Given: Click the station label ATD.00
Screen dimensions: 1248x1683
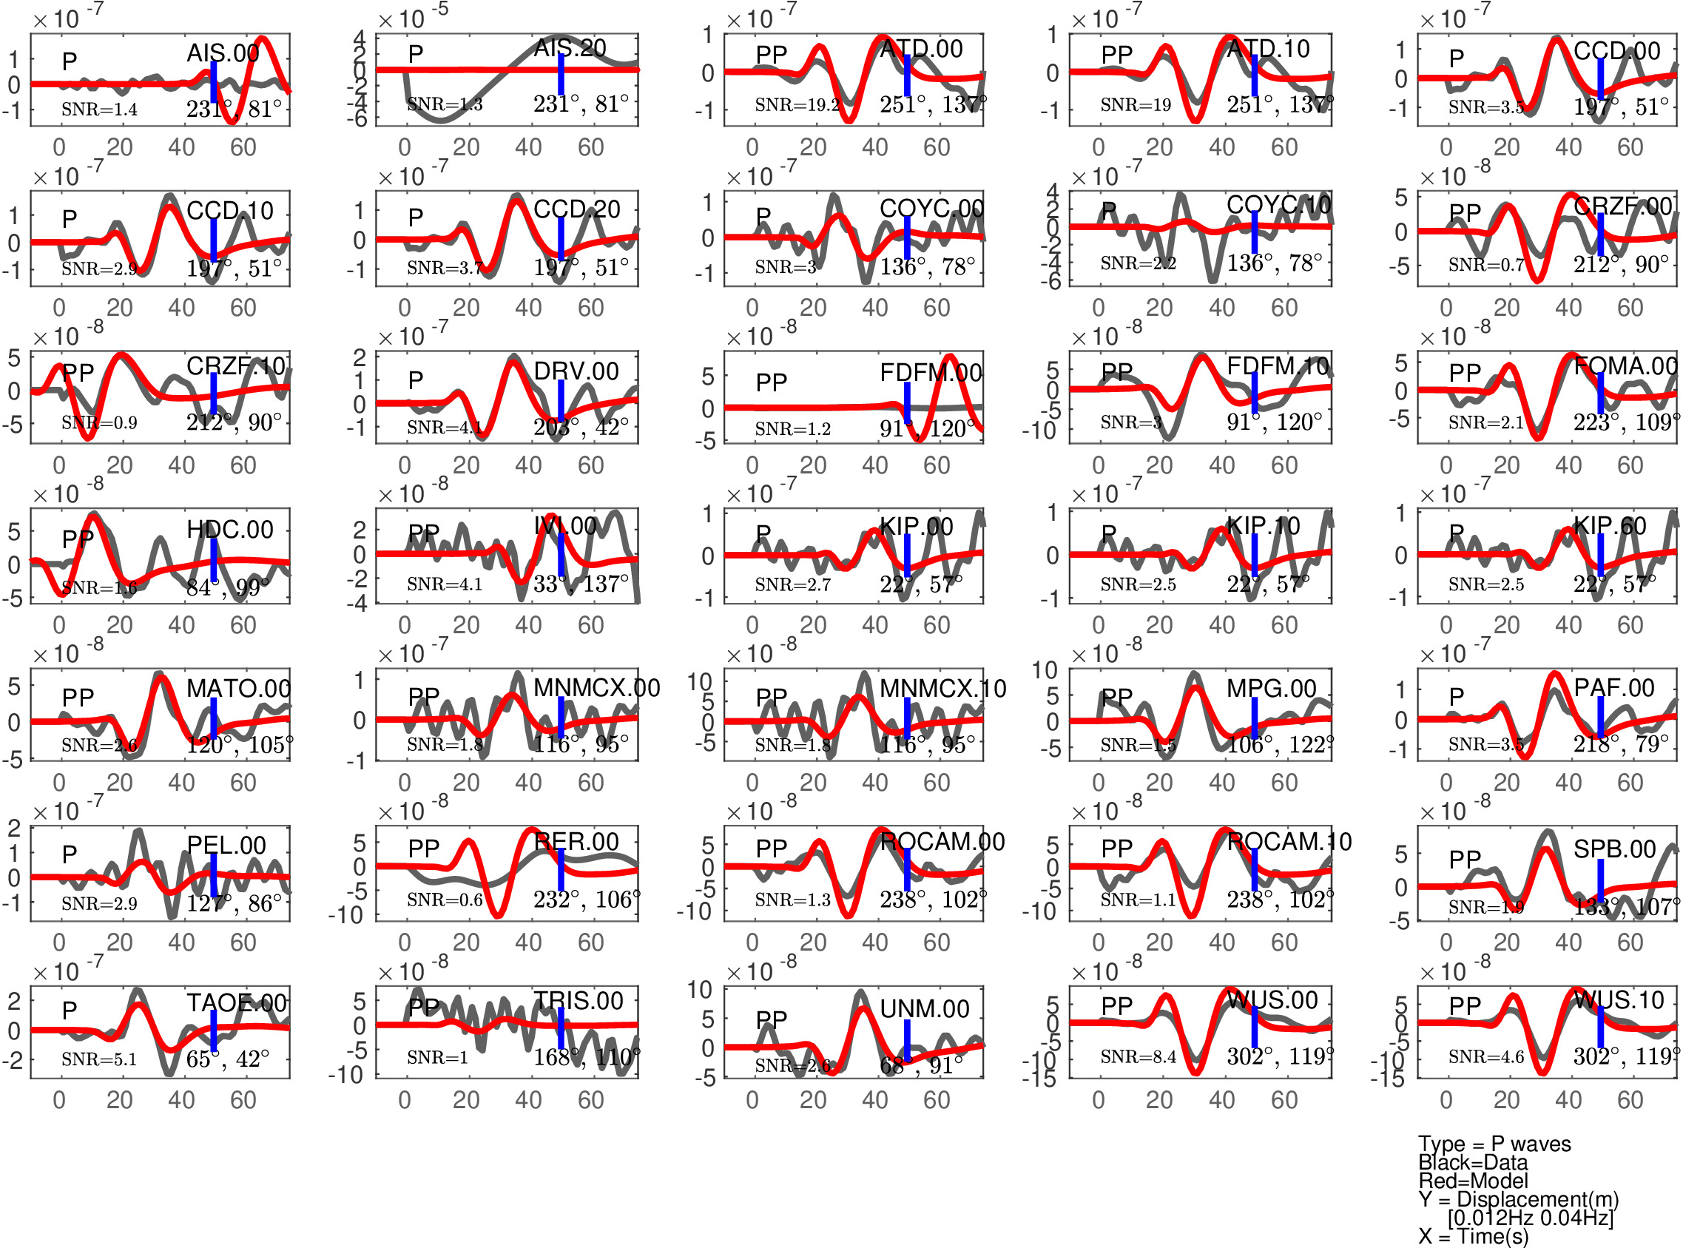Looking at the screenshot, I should [x=921, y=50].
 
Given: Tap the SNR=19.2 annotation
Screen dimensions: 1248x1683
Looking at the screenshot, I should [x=796, y=105].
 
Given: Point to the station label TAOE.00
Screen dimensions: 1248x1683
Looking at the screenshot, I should [x=237, y=1003].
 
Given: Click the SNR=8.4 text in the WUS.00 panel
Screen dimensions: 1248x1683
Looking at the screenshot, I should [x=1138, y=1057].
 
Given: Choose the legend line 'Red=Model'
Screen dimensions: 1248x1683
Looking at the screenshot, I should [x=1472, y=1181].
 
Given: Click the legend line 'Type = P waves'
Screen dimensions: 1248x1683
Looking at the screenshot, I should [x=1494, y=1144].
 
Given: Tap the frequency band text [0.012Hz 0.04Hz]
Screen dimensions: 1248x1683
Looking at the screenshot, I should [x=1530, y=1218].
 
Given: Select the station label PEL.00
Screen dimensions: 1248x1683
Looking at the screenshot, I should [x=226, y=846].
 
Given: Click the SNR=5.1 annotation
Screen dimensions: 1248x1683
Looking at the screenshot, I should [x=99, y=1060].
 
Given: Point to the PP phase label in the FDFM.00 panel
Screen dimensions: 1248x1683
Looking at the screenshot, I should [x=771, y=382].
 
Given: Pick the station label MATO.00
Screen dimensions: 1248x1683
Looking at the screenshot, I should [x=238, y=689].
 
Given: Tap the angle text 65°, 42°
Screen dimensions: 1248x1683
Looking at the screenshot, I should [x=227, y=1059].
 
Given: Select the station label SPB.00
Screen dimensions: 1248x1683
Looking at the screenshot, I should [x=1614, y=849].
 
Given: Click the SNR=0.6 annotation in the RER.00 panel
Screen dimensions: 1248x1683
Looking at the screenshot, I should [x=444, y=900].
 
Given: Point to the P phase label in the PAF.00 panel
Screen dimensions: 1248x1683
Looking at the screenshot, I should [x=1456, y=697].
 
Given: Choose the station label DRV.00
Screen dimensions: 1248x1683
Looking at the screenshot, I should [x=576, y=371].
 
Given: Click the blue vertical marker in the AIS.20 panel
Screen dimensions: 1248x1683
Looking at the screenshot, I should [x=561, y=74].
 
